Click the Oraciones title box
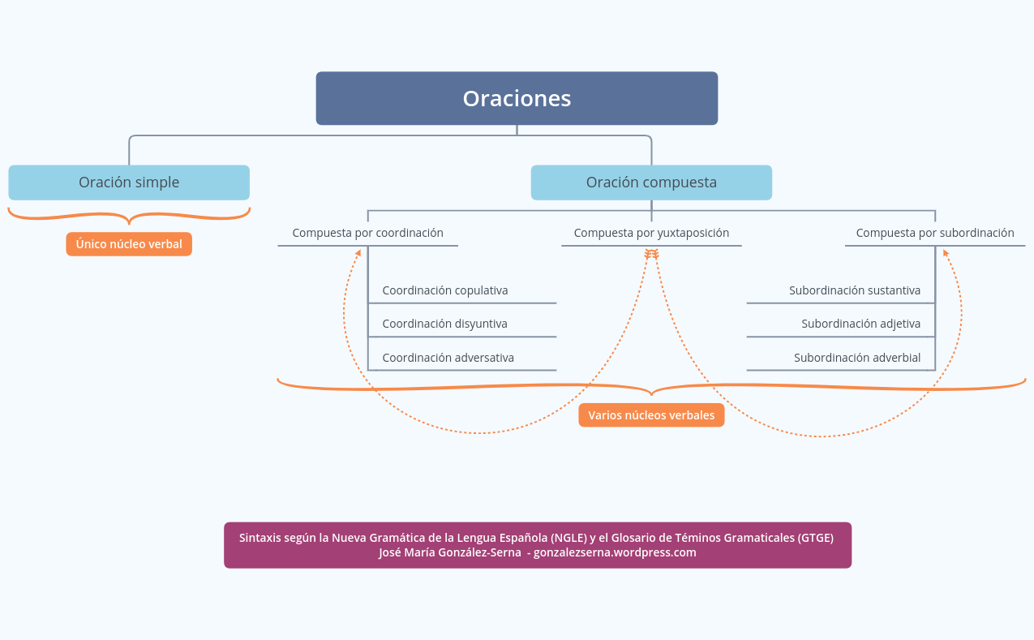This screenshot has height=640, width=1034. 517,98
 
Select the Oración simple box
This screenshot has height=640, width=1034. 129,183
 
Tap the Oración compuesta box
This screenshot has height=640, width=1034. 651,183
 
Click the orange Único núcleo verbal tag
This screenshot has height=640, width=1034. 129,244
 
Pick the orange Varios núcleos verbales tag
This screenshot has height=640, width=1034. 651,415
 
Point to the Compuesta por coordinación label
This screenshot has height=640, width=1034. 367,233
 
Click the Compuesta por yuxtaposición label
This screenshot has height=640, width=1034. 651,233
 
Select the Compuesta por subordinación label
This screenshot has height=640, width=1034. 934,233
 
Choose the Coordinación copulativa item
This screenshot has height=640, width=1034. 445,290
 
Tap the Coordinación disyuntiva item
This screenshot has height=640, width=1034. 445,324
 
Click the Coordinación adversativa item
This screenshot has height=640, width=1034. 448,358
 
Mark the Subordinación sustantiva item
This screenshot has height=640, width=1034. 855,290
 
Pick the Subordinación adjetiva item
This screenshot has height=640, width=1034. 860,324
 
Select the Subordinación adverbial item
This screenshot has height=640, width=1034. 857,358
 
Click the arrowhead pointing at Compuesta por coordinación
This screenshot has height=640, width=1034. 358,252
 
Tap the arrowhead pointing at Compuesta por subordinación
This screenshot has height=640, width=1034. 945,252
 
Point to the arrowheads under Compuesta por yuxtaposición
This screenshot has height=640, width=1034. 651,254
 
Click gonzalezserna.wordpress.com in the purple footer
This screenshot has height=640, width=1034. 615,552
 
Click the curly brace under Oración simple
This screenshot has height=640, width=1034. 129,216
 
